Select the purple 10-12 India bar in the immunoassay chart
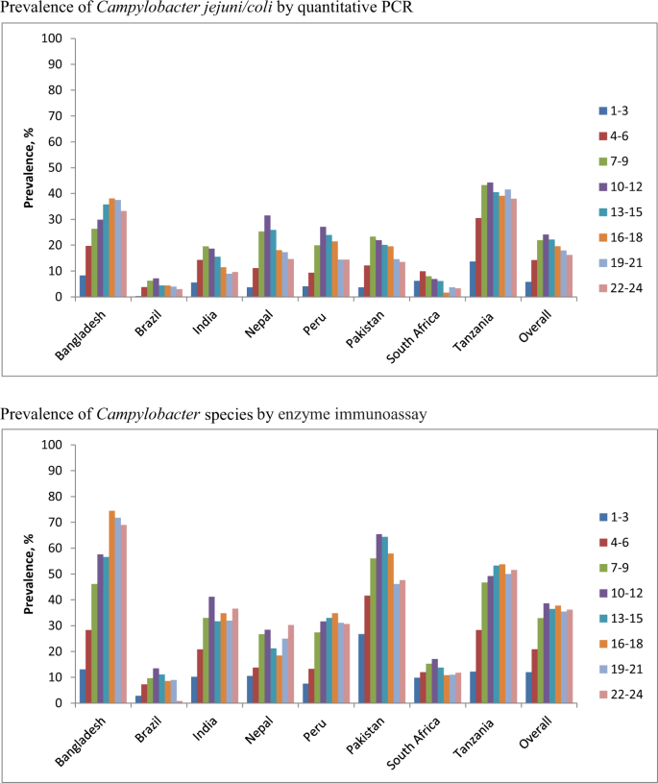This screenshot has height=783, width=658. (211, 650)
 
